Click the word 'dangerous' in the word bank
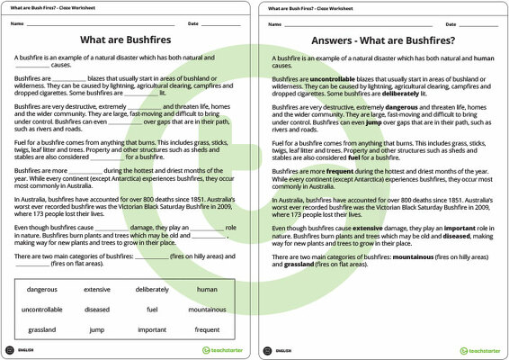(x=42, y=289)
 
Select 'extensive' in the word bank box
(x=97, y=289)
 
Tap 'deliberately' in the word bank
(x=152, y=289)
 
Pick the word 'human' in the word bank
(x=207, y=289)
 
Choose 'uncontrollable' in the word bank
(x=42, y=309)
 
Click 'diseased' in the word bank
(x=97, y=309)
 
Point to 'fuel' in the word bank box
(x=152, y=309)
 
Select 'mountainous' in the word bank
(x=207, y=309)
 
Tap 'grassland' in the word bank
(x=42, y=329)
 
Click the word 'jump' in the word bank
(x=97, y=329)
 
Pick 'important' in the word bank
(x=152, y=329)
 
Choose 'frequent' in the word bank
(x=207, y=329)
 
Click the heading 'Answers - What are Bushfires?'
(x=382, y=40)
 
